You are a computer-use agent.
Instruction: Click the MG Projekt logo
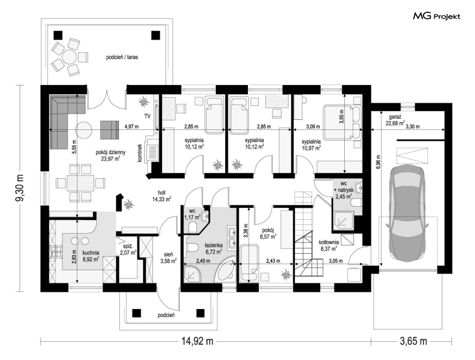(437, 16)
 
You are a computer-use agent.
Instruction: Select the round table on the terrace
(69, 57)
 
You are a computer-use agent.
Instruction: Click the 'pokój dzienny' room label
(110, 152)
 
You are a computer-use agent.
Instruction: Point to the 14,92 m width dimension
(197, 341)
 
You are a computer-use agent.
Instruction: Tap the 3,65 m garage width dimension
(413, 341)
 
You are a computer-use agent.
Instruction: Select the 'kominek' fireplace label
(140, 152)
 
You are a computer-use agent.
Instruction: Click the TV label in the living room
(147, 116)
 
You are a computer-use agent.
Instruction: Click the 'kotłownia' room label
(329, 242)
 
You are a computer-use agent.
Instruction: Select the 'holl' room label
(161, 193)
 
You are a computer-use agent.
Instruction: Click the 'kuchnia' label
(90, 253)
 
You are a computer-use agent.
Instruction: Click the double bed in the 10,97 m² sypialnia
(342, 122)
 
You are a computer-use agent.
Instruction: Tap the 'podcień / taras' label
(122, 57)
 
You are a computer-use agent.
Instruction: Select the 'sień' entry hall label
(168, 255)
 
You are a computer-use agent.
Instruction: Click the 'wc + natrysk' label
(343, 187)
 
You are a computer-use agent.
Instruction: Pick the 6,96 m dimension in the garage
(378, 164)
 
